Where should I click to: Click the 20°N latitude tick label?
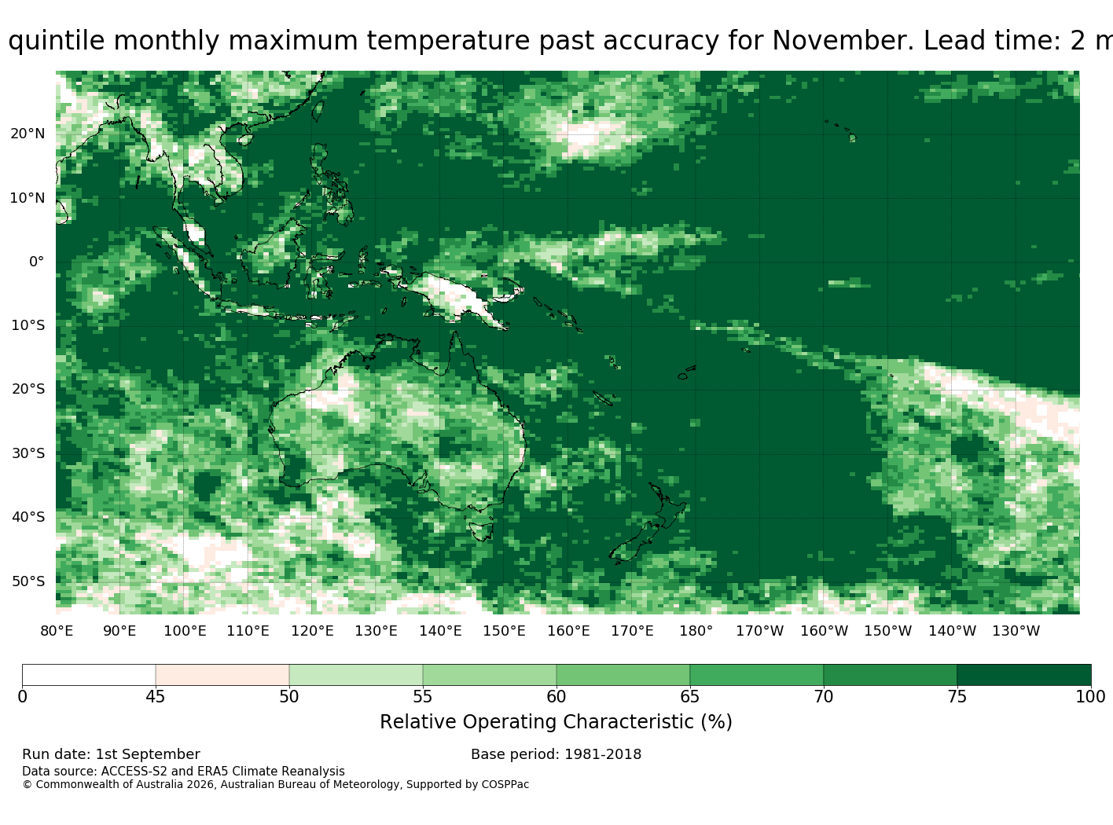coord(28,134)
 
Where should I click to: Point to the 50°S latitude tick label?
coord(28,581)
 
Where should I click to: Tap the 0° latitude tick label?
coord(37,262)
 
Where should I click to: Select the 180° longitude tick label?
coord(696,631)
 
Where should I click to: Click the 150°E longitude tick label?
coord(504,631)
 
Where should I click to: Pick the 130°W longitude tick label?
coord(1016,631)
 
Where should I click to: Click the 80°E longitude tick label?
coord(57,631)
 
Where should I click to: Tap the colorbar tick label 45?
coord(156,697)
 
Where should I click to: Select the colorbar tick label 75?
coord(957,697)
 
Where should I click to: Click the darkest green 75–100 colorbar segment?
coord(1023,675)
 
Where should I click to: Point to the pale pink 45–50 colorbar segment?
coord(222,675)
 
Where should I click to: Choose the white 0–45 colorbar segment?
coord(89,675)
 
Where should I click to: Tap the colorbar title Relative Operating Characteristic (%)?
coord(556,722)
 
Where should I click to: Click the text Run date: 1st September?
coord(111,755)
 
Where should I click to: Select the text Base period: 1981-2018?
coord(556,755)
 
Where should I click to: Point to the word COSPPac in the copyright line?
coord(505,785)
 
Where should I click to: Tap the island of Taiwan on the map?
coord(318,112)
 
